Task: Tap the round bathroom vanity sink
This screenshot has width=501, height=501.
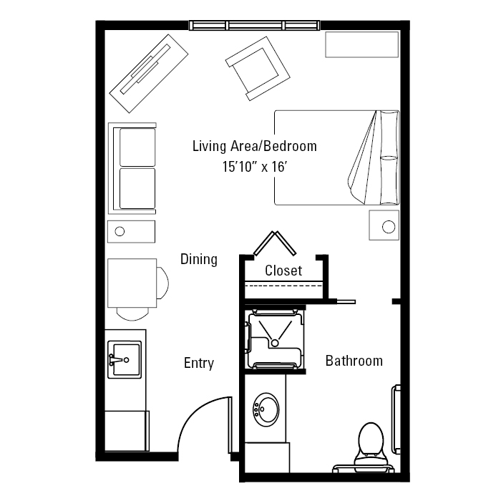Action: (266, 409)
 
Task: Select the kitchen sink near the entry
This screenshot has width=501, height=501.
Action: (125, 360)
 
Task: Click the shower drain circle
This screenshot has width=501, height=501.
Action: (275, 343)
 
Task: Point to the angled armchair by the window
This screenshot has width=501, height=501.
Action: (258, 69)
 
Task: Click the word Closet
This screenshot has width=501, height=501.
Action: (283, 271)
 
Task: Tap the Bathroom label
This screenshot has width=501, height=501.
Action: (354, 361)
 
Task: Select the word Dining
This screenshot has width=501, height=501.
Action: (199, 259)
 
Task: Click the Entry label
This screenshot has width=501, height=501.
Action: (199, 364)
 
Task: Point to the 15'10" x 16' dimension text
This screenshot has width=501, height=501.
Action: (255, 167)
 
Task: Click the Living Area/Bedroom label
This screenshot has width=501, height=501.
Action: (255, 146)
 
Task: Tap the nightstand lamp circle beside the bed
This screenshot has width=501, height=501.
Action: (389, 227)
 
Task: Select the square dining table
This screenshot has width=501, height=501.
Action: (132, 283)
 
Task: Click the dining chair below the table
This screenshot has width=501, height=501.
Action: (132, 314)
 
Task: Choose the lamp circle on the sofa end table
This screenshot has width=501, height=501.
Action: (120, 231)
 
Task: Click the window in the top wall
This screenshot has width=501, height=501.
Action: (254, 25)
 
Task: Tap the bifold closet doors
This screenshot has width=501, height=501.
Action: (275, 243)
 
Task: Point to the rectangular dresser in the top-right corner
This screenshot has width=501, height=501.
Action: (361, 44)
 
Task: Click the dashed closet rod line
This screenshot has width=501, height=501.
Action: (283, 286)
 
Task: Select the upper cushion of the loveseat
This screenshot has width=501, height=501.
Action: (137, 147)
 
